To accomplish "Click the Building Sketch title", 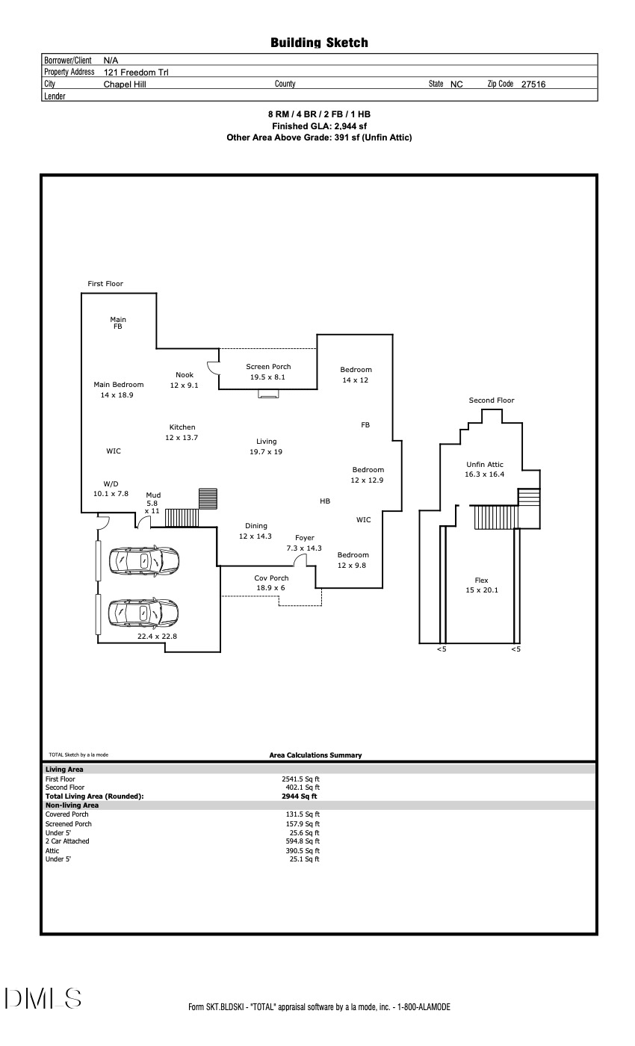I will click(319, 43).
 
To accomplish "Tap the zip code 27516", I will click(533, 84).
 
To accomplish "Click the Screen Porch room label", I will click(268, 367).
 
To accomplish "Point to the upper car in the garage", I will click(143, 560).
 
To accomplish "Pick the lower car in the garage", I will click(143, 613).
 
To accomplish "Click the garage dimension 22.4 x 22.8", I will click(157, 637).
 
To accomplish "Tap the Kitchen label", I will click(182, 427).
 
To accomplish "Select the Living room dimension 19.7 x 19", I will click(266, 452).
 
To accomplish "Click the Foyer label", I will click(304, 538).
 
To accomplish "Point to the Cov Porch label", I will click(271, 578).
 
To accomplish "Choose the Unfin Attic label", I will click(485, 465).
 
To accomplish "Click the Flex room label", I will click(481, 581).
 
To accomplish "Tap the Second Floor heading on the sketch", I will click(491, 400).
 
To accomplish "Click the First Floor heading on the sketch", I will click(105, 284).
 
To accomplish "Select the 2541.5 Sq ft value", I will click(302, 779).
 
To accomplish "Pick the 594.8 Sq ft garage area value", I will click(302, 842).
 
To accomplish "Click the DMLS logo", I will click(43, 998).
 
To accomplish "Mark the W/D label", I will click(111, 483).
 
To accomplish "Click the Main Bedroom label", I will click(118, 385).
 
